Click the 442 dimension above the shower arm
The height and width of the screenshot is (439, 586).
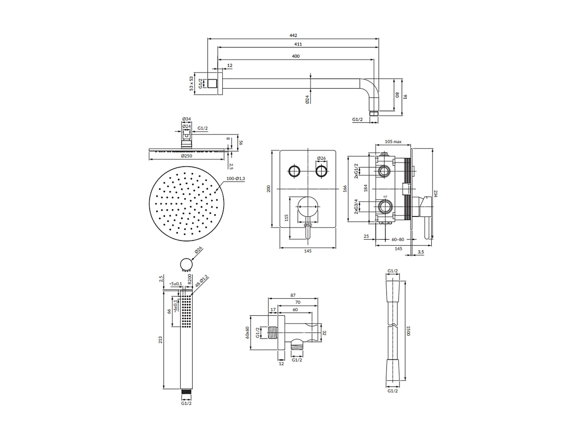293,35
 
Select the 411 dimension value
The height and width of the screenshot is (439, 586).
298,44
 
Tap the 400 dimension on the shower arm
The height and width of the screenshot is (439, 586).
295,56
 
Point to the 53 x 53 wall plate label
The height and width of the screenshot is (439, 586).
191,84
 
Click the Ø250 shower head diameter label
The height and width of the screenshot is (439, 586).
186,156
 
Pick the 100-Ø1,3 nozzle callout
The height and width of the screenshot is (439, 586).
236,178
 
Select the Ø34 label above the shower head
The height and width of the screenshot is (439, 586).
187,119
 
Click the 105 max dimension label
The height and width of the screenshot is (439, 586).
393,142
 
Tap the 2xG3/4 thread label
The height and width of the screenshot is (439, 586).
356,206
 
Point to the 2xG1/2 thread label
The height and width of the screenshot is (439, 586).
356,171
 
